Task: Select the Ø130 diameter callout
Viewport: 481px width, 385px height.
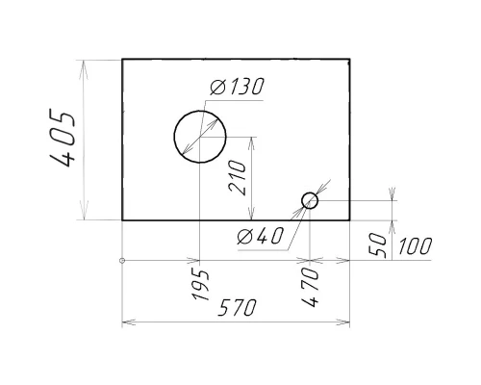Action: click(235, 88)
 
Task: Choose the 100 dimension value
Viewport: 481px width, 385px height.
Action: click(413, 246)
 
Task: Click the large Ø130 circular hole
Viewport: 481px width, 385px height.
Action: click(199, 136)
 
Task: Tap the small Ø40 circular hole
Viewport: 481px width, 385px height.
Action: click(310, 200)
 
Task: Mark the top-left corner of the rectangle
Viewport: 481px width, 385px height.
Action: click(122, 60)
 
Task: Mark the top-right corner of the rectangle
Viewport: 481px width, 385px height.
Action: click(349, 60)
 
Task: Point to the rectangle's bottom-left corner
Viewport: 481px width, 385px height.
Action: click(122, 220)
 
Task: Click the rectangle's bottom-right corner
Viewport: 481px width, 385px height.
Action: click(349, 220)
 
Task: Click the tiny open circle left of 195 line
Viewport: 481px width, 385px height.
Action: click(122, 260)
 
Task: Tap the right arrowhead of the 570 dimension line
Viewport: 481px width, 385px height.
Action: click(344, 321)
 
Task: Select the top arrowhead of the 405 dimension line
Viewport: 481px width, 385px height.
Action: click(85, 64)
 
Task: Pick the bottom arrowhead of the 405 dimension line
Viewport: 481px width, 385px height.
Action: click(85, 216)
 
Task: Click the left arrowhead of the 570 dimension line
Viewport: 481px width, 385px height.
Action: click(127, 321)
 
